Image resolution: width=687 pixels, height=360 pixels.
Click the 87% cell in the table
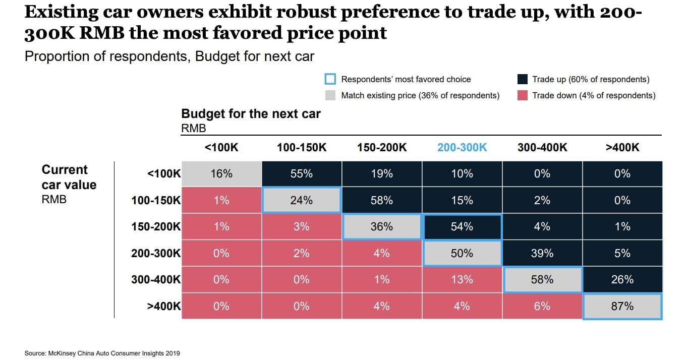click(x=622, y=306)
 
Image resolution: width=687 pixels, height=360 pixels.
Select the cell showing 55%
click(x=301, y=173)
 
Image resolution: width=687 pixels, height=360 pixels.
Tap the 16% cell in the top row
click(x=221, y=173)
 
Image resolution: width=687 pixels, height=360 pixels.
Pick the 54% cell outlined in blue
click(x=462, y=227)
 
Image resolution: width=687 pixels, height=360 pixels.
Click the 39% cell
click(x=542, y=253)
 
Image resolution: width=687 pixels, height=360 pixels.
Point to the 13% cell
click(x=462, y=280)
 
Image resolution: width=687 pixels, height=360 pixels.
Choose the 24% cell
click(x=301, y=200)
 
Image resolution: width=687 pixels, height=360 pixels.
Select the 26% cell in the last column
click(x=622, y=280)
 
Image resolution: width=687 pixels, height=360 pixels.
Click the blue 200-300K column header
click(x=462, y=147)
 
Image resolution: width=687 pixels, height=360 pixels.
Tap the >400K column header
click(x=622, y=147)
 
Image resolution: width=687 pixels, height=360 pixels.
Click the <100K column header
click(x=221, y=147)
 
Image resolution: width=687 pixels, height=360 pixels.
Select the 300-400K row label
click(x=155, y=280)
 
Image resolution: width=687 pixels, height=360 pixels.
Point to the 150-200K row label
click(x=155, y=227)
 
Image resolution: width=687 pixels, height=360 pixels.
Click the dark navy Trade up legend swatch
click(x=523, y=79)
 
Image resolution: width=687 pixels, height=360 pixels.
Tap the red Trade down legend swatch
click(x=523, y=95)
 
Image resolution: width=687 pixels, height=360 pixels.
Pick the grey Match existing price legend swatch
click(x=330, y=95)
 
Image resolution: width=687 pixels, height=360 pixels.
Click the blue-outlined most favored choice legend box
click(x=330, y=79)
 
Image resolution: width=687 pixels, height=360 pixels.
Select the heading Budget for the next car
click(x=251, y=113)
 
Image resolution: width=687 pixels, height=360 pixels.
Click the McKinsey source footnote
click(x=102, y=353)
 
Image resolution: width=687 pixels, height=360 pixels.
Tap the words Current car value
click(x=69, y=177)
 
